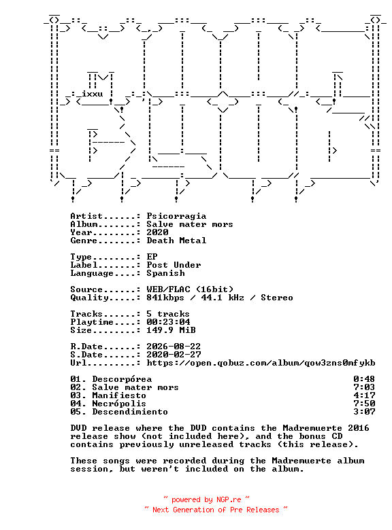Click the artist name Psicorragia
pos(176,216)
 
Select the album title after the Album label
pos(190,224)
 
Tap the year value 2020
pos(157,232)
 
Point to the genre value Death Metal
pos(176,241)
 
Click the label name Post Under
pos(174,265)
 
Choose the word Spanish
pos(165,273)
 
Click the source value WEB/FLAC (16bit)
pos(190,289)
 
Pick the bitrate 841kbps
pos(165,298)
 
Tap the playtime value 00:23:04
pos(168,322)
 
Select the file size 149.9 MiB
pos(171,330)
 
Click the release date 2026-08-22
pos(174,347)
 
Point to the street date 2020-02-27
pos(174,355)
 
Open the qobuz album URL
pos(261,363)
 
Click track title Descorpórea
pos(122,379)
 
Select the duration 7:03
pos(365,387)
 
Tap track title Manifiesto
pos(119,395)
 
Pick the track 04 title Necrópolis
pos(119,404)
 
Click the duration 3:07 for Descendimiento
pos(365,412)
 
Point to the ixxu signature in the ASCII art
pos(93,94)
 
